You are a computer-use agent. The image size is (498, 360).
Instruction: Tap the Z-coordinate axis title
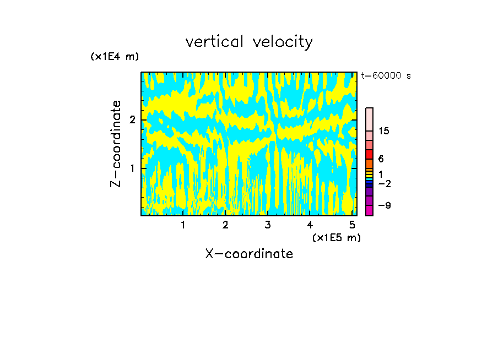click(x=116, y=144)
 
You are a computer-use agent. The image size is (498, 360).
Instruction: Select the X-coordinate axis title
click(x=249, y=254)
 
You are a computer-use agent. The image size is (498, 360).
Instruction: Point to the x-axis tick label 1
click(x=183, y=225)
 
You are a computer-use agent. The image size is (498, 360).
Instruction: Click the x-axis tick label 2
click(x=225, y=225)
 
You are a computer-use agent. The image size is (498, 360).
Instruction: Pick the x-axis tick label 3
click(x=268, y=225)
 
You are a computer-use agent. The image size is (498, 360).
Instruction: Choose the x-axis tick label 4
click(x=310, y=225)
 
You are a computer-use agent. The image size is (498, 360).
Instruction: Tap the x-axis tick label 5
click(x=352, y=225)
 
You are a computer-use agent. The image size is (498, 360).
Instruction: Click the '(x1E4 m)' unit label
click(x=115, y=56)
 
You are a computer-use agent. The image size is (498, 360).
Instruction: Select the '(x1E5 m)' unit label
click(x=336, y=237)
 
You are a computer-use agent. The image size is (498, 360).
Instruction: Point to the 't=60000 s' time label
click(x=386, y=76)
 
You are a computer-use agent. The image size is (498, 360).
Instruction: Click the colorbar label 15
click(x=384, y=131)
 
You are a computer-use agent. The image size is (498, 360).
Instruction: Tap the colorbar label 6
click(x=381, y=159)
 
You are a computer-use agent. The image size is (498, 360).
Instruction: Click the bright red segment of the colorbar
click(x=369, y=154)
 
